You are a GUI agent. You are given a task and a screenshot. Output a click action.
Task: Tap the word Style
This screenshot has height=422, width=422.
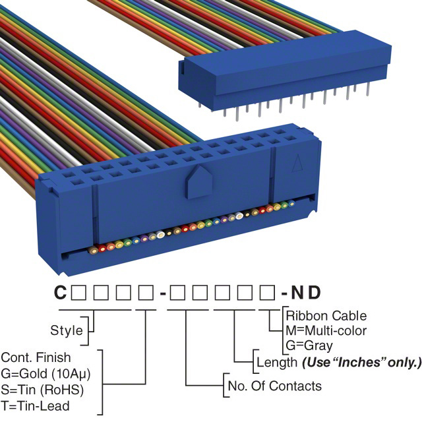(x=67, y=330)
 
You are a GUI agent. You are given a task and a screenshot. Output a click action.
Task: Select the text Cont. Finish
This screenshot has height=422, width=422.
(x=36, y=358)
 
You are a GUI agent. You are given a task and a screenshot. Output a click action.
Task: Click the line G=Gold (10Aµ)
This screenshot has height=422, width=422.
(x=45, y=373)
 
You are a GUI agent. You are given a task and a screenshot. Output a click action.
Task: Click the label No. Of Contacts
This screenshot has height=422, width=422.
(x=274, y=386)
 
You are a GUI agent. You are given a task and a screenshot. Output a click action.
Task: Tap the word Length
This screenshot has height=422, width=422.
(x=276, y=362)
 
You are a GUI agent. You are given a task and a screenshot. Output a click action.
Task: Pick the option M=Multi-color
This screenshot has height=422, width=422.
(x=326, y=330)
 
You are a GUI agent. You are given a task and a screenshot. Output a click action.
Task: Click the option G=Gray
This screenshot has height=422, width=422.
(x=309, y=345)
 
